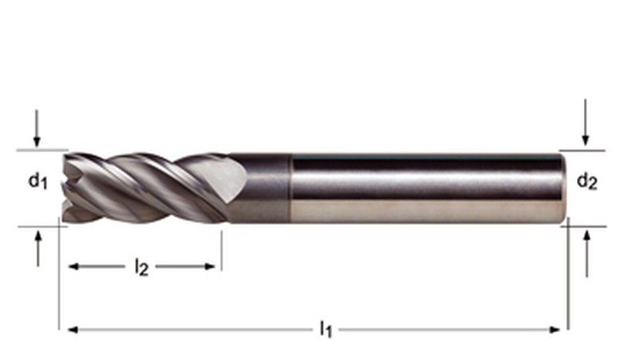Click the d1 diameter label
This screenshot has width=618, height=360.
point(38,181)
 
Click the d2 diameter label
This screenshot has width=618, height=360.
point(587,181)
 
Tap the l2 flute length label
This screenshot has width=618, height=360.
point(141,267)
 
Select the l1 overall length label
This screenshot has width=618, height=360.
point(325,329)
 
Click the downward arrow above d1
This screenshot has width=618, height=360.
point(36,128)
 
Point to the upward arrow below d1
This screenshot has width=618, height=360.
point(38,249)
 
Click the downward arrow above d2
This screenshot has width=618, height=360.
point(586,122)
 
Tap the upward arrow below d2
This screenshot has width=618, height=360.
point(587,254)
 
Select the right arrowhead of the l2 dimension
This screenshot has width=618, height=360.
point(209,267)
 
